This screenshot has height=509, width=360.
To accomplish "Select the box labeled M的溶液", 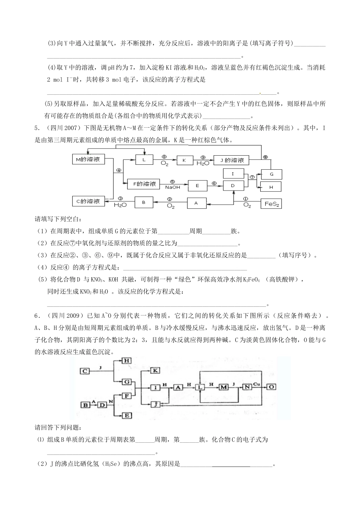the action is tap(88, 160).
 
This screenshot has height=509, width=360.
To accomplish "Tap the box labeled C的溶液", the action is tap(88, 201).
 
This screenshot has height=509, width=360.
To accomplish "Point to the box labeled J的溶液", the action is tap(231, 160).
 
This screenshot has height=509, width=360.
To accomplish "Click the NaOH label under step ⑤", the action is tap(172, 187).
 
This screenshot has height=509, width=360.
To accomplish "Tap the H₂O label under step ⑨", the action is tap(203, 163).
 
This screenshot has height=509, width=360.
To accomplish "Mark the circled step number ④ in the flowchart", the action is tap(118, 170).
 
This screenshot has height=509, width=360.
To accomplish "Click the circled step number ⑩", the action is tap(265, 157).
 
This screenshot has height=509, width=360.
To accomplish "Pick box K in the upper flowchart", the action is tap(185, 160).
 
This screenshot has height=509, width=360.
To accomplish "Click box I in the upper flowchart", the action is tap(233, 173).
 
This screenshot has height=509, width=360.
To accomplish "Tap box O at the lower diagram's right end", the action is tap(272, 387).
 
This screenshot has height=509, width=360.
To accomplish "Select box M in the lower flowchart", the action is tap(224, 387).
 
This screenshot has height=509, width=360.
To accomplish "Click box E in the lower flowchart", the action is tap(127, 415).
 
